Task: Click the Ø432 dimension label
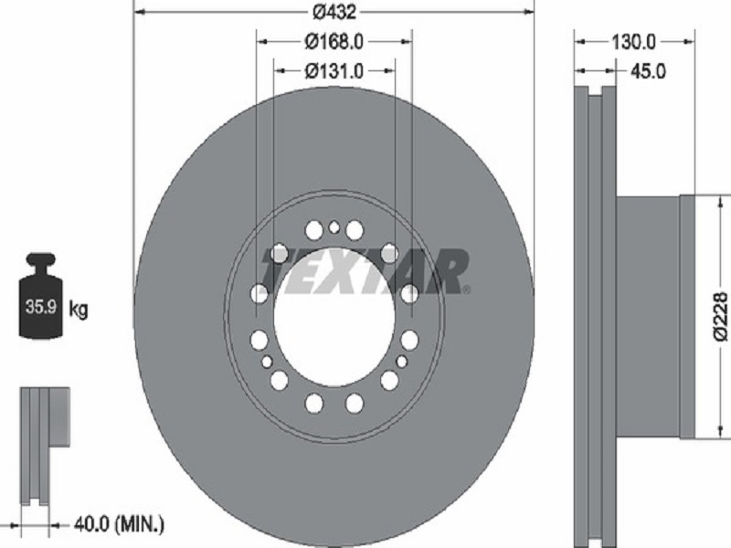(334, 12)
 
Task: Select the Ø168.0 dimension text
(334, 42)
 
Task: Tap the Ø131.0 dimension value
(334, 71)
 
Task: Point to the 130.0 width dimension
(633, 42)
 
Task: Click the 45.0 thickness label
(648, 71)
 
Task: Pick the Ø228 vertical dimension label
(720, 316)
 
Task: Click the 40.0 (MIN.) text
(119, 524)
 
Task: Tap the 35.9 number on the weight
(40, 307)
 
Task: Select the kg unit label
(79, 309)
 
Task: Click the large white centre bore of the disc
(334, 317)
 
